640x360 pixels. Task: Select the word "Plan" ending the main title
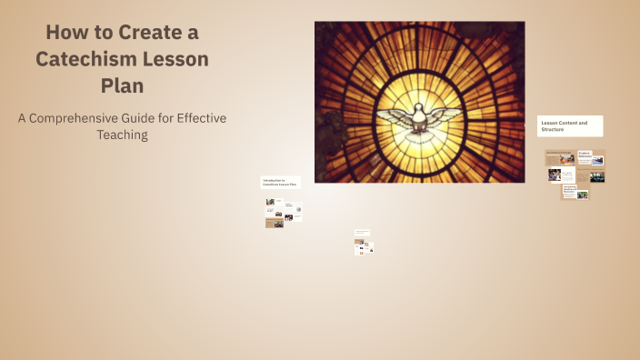[x=123, y=85]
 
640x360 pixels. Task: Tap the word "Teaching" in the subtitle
[x=123, y=135]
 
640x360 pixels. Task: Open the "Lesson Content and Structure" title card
[x=570, y=125]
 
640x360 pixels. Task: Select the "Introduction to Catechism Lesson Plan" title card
[x=282, y=183]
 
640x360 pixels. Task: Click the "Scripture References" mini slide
[x=592, y=156]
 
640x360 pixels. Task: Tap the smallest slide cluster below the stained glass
[x=364, y=243]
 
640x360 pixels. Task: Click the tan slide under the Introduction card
[x=275, y=223]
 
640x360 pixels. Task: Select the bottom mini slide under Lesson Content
[x=575, y=192]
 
